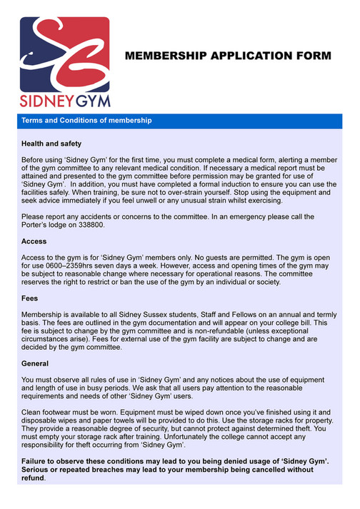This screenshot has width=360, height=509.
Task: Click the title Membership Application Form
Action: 229,55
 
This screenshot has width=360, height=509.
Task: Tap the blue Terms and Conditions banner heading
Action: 86,121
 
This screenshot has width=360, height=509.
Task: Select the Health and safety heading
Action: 51,143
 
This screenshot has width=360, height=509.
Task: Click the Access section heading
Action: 34,241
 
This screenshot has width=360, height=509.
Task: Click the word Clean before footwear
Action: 33,413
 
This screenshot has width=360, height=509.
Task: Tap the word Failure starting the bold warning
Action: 36,462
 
